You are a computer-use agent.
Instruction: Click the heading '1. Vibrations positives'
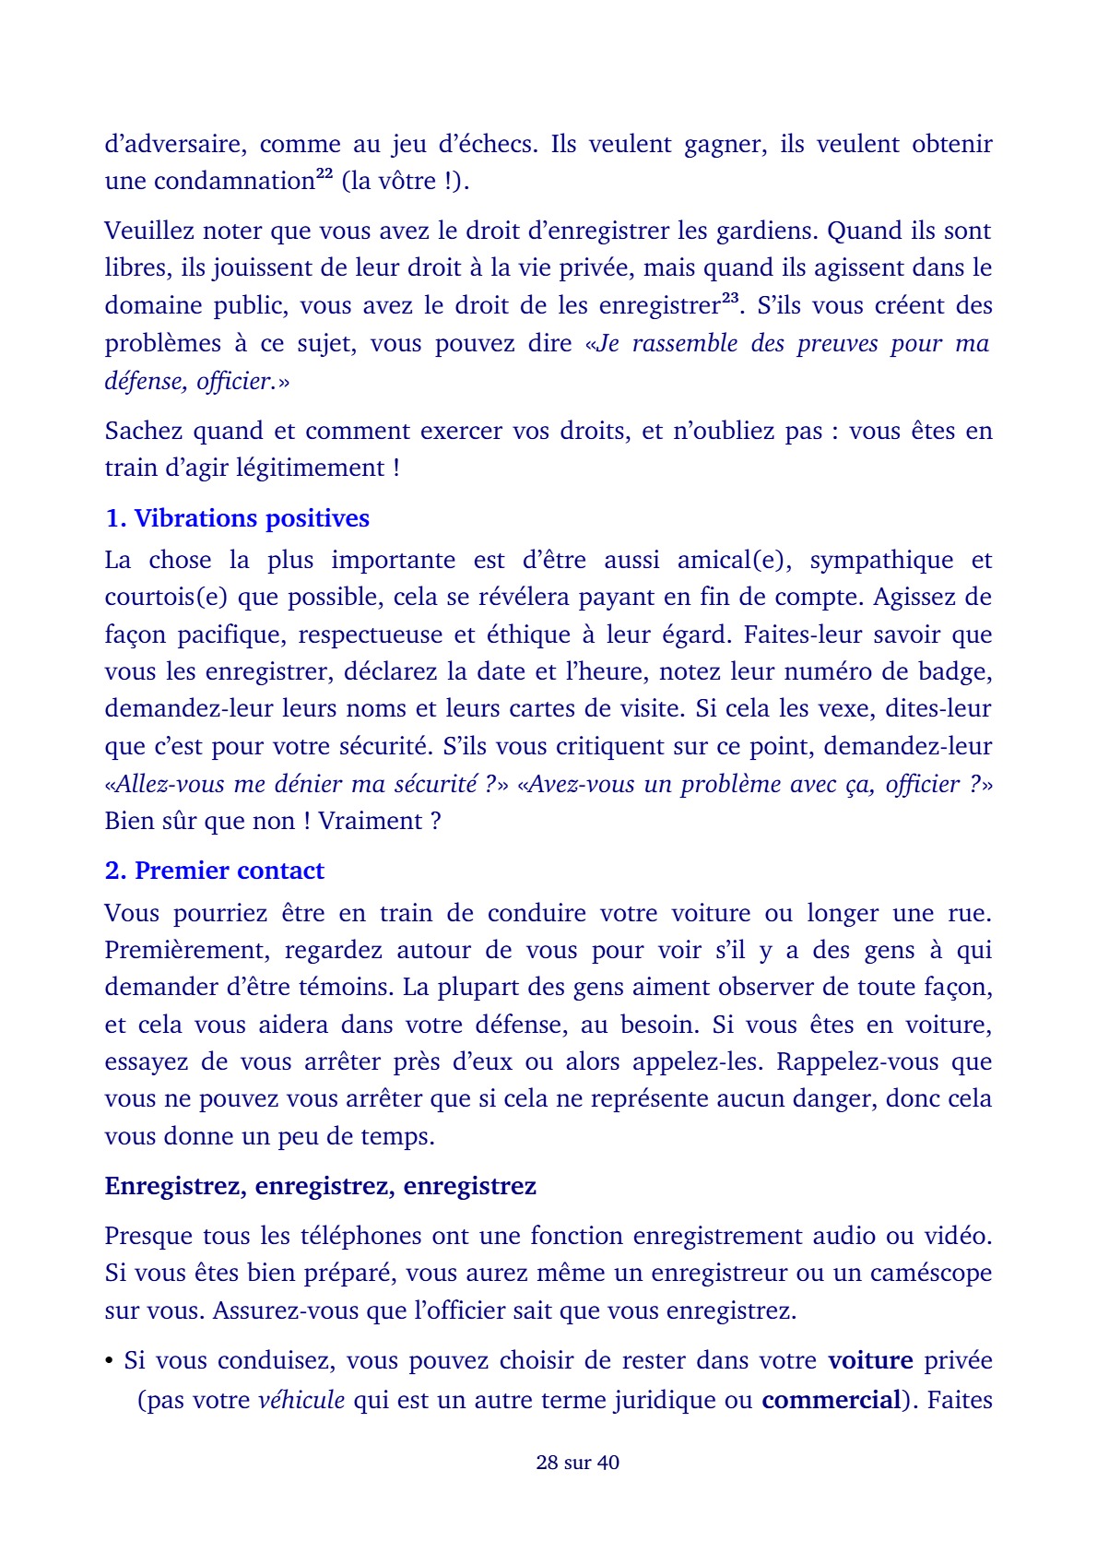click(x=237, y=518)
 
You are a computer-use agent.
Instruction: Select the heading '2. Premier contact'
click(x=215, y=871)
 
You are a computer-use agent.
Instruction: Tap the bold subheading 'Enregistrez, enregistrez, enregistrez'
click(x=320, y=1185)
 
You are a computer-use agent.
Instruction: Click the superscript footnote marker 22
click(x=324, y=174)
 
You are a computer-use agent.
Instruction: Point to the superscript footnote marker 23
click(x=729, y=298)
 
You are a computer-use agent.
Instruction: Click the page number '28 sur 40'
click(x=577, y=1462)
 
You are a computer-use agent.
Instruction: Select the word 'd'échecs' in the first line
click(x=489, y=144)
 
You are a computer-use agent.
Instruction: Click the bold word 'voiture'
click(x=870, y=1360)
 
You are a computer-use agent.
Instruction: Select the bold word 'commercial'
click(x=830, y=1400)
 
